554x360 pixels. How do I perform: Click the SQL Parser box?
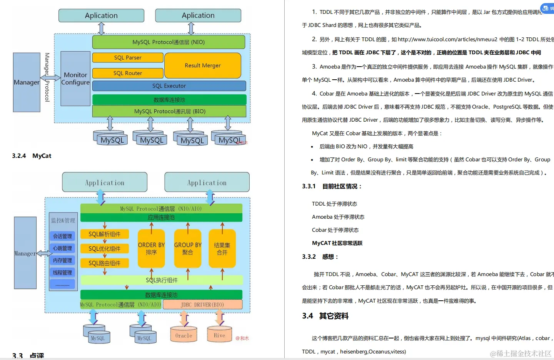click(x=128, y=58)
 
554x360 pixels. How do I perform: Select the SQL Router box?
click(x=128, y=73)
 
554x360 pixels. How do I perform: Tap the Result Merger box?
click(x=203, y=65)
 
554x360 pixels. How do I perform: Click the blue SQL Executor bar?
click(x=169, y=86)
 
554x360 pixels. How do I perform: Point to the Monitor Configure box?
click(x=75, y=79)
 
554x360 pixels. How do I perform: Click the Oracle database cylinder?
click(x=184, y=335)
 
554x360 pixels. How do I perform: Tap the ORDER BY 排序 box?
click(x=151, y=249)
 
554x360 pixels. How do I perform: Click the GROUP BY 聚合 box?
click(x=188, y=249)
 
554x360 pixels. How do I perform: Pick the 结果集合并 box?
click(x=222, y=249)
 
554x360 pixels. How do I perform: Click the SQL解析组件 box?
click(x=105, y=234)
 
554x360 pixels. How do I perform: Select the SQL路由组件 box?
click(x=105, y=263)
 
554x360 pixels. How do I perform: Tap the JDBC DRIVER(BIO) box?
click(x=202, y=305)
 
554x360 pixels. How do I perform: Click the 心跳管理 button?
click(x=62, y=248)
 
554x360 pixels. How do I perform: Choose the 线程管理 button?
click(x=62, y=273)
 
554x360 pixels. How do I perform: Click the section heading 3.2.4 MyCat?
click(x=32, y=156)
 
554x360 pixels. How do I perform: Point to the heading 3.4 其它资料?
click(x=325, y=316)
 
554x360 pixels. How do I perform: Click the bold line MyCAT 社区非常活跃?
click(x=337, y=243)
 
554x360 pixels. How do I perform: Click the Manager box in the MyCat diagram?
click(x=25, y=253)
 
